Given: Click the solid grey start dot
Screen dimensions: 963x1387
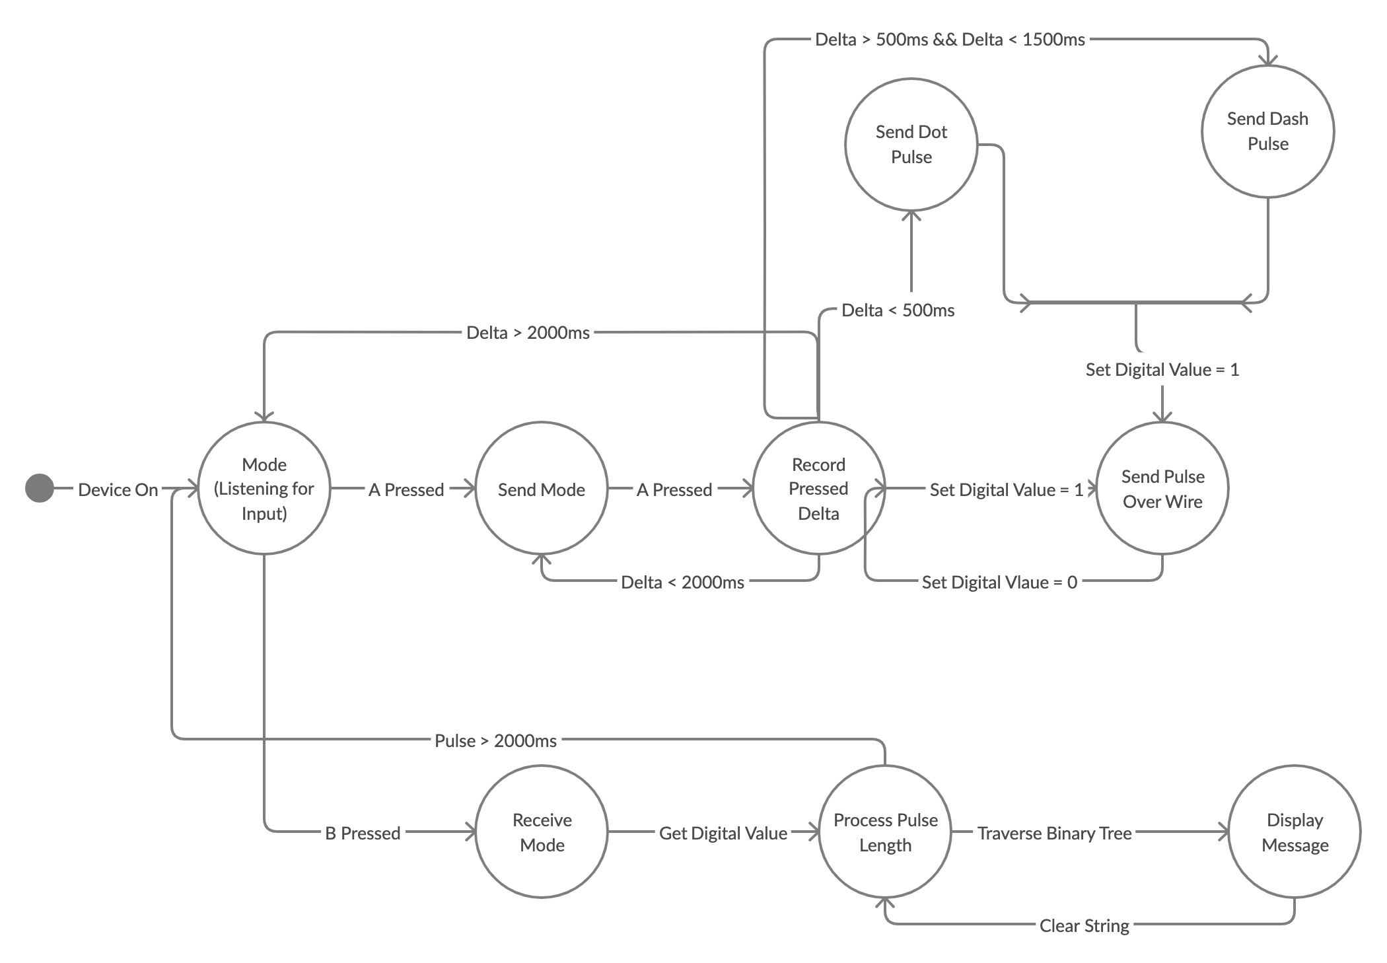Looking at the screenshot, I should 40,489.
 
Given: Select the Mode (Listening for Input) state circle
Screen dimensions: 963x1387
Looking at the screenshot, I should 264,488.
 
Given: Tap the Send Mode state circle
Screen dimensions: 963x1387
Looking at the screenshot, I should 542,489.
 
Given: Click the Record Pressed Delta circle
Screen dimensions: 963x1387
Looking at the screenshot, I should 818,488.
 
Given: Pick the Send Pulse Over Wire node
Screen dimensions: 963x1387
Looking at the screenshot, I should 1162,488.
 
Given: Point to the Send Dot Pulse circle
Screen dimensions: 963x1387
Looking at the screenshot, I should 911,145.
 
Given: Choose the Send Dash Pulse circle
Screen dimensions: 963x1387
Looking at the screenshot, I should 1267,131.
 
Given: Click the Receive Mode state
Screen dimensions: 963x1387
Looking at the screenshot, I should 542,832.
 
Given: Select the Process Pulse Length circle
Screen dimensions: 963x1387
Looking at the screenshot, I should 885,832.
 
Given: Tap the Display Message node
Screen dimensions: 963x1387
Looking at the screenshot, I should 1295,832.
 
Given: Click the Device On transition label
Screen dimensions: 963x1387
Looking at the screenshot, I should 118,489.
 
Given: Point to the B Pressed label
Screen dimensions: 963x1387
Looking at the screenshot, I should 363,833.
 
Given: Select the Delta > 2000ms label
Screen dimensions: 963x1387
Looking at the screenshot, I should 528,332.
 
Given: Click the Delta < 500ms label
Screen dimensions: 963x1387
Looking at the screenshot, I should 898,310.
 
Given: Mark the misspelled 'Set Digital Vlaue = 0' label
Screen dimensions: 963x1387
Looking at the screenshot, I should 999,582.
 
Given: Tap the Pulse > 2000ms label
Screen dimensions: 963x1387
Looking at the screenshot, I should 495,740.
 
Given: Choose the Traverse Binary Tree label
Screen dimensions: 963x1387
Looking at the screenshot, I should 1055,833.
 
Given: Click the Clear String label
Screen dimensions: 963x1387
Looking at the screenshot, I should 1084,925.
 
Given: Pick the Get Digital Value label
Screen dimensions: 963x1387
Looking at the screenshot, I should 723,833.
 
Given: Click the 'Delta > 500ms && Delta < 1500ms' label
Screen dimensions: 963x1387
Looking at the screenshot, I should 950,40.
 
